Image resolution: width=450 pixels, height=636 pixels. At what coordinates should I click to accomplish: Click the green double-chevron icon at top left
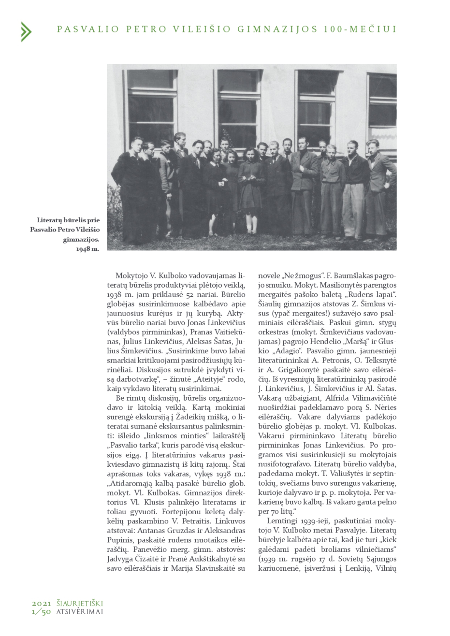(x=26, y=31)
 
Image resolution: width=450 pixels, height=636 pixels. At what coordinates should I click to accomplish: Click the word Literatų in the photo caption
(x=51, y=220)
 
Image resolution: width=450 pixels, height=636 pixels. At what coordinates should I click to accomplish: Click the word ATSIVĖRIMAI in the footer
(x=79, y=611)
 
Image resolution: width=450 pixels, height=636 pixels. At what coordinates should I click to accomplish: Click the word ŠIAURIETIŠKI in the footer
(x=79, y=603)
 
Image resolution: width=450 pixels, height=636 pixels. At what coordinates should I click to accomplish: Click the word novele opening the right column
(x=270, y=275)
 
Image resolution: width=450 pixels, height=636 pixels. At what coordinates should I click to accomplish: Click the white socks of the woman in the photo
(x=250, y=225)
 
